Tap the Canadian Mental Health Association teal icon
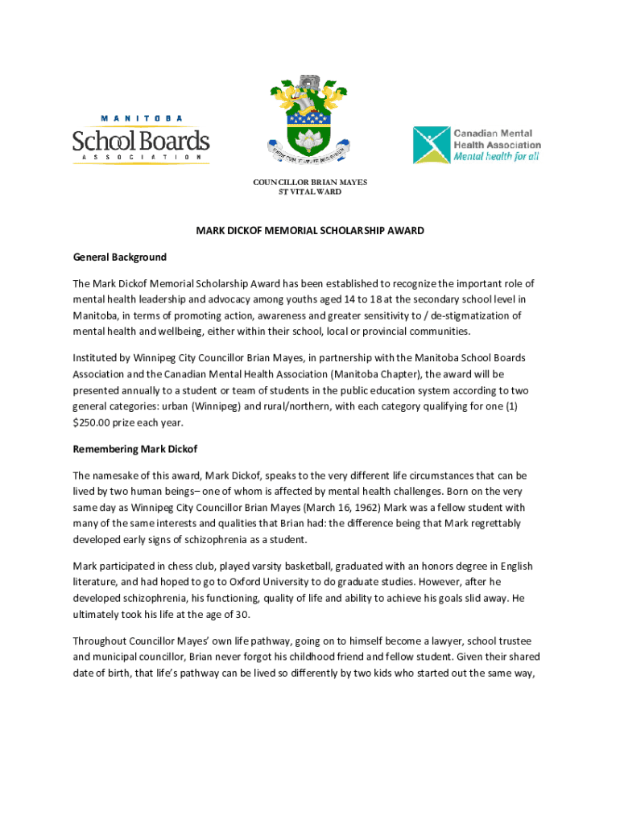[x=432, y=145]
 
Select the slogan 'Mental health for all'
[x=496, y=157]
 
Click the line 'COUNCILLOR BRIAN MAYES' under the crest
[x=310, y=183]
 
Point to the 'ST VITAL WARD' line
[x=310, y=192]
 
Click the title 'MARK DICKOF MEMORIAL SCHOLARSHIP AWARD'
[x=310, y=231]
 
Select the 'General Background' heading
[x=120, y=257]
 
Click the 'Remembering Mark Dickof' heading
[x=134, y=448]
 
